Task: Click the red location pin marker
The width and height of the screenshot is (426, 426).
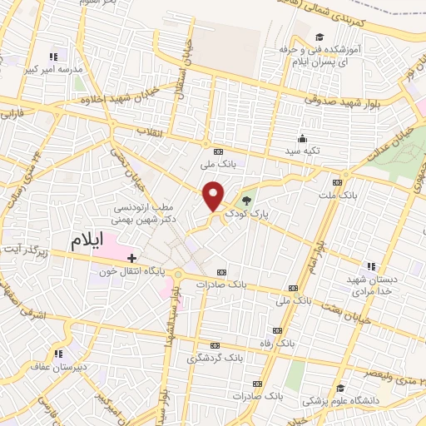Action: [214, 196]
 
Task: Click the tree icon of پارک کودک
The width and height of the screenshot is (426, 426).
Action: [245, 199]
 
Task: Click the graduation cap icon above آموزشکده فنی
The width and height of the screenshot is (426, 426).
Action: [320, 37]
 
